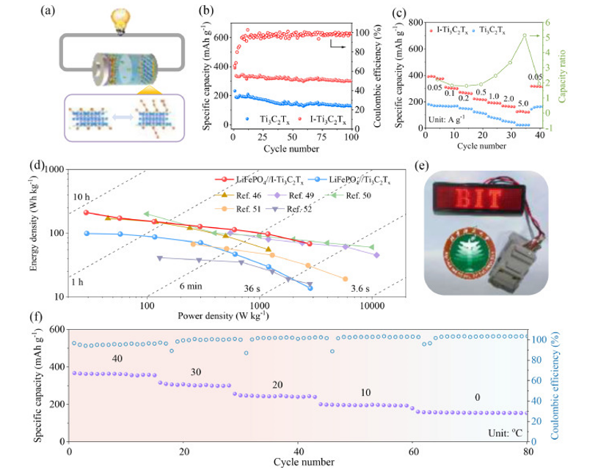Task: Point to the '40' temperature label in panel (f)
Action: [x=117, y=358]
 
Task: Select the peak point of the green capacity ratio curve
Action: [x=546, y=35]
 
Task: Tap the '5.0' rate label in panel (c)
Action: [x=522, y=103]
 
